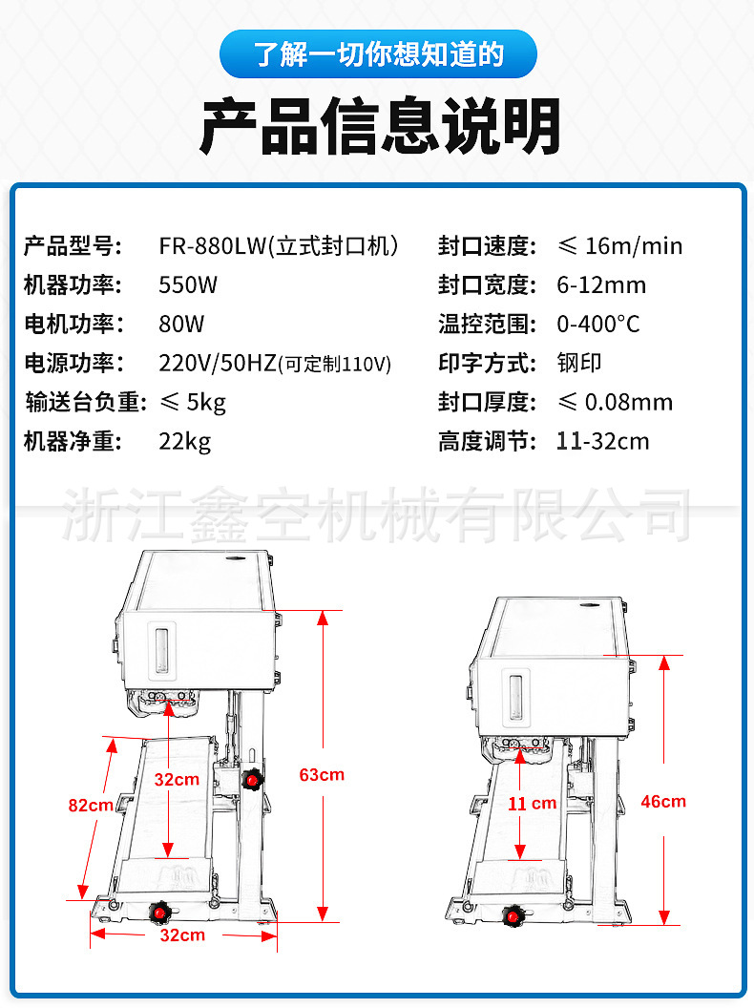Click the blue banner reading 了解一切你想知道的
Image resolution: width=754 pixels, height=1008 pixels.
click(x=377, y=54)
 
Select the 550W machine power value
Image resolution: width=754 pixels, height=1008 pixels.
click(x=188, y=284)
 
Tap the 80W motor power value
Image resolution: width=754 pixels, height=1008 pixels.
click(x=181, y=324)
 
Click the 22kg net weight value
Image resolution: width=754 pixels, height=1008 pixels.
click(x=184, y=441)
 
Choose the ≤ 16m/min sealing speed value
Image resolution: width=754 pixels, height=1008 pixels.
click(x=619, y=245)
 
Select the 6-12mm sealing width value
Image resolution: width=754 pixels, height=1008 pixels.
click(x=601, y=284)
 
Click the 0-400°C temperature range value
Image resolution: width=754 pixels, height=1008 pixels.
click(x=598, y=324)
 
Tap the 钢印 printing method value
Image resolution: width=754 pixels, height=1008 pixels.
click(x=579, y=363)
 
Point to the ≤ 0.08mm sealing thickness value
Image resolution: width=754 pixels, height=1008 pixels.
click(x=615, y=402)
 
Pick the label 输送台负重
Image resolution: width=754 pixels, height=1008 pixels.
click(x=85, y=402)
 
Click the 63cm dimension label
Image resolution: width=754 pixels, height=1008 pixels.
click(x=322, y=774)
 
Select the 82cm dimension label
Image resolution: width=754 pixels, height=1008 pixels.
click(x=91, y=805)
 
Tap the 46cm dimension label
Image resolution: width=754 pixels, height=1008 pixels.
click(x=663, y=801)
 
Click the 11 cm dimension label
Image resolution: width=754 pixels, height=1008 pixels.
click(x=532, y=803)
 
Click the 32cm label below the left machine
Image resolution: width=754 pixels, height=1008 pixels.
click(x=181, y=934)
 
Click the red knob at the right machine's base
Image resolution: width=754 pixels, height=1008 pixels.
click(x=514, y=917)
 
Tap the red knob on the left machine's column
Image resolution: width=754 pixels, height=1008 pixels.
click(x=252, y=780)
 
